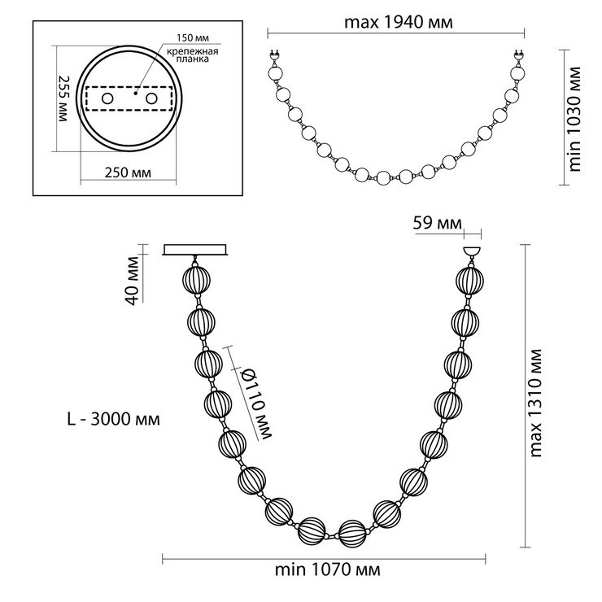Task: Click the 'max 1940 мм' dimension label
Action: [x=398, y=23]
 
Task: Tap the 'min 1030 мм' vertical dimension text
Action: [x=574, y=119]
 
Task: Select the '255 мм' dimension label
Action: [x=63, y=98]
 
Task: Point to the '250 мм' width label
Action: [x=128, y=172]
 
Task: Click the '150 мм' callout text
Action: [x=192, y=38]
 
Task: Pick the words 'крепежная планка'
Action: [x=193, y=55]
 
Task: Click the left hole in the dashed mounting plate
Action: [x=107, y=98]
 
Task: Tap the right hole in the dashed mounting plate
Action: [x=151, y=98]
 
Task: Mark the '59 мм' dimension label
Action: [x=438, y=223]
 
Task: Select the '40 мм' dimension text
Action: [x=133, y=281]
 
